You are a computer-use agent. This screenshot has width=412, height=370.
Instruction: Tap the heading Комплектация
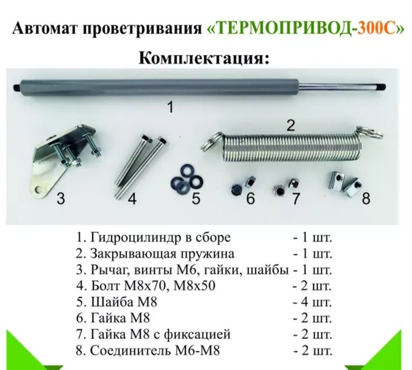[x=205, y=57]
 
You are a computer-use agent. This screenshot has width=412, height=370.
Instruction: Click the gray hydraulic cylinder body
[x=159, y=86]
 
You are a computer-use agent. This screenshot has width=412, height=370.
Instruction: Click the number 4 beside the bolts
[x=132, y=199]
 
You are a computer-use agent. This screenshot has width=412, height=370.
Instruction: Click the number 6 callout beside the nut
[x=251, y=199]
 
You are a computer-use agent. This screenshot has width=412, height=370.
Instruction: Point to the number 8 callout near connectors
[x=366, y=199]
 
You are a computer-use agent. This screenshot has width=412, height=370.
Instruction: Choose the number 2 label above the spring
[x=290, y=126]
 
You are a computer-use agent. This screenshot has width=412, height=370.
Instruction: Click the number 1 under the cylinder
[x=170, y=107]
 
